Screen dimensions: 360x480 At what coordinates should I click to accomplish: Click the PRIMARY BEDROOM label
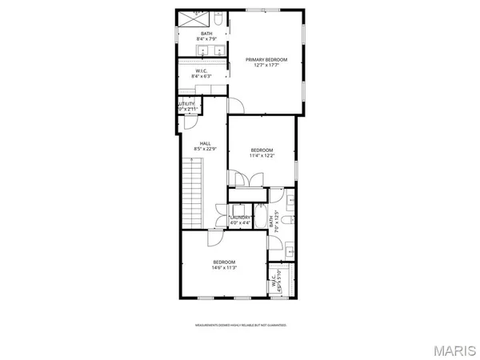pos(266,59)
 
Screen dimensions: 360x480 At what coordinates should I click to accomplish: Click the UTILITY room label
pos(186,104)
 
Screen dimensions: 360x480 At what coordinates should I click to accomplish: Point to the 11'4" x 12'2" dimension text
pos(262,155)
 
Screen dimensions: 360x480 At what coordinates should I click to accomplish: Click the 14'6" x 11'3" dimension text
pos(224,268)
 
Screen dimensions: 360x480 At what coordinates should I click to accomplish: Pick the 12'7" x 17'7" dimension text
pos(266,64)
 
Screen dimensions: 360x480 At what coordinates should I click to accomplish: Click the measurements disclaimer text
pos(240,326)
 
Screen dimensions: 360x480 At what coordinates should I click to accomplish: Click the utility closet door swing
pos(190,120)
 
